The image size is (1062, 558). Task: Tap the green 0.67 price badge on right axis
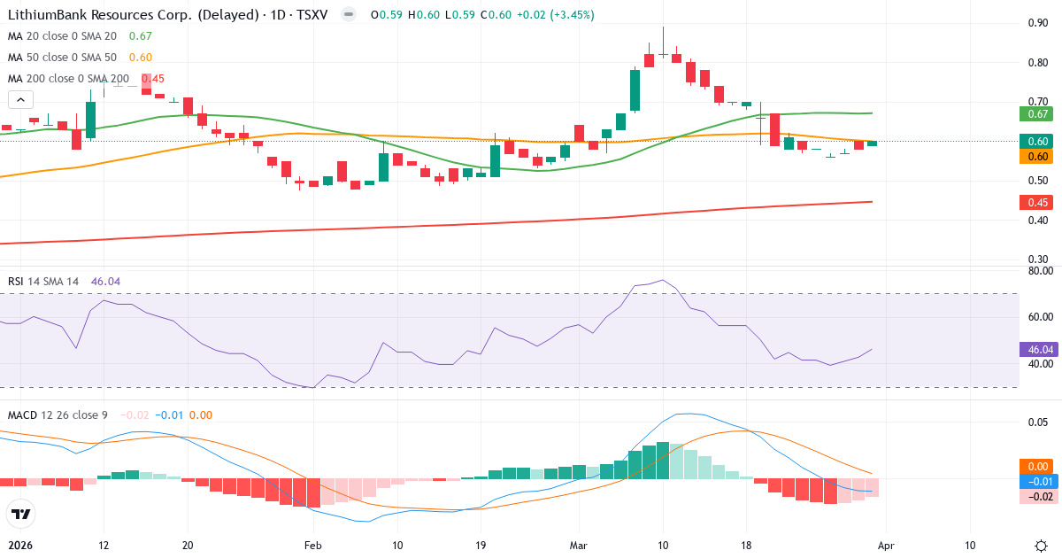(x=1037, y=113)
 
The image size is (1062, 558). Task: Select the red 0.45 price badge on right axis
(x=1037, y=202)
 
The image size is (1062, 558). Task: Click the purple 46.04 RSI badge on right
(x=1037, y=349)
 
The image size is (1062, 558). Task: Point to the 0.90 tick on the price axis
(x=1038, y=23)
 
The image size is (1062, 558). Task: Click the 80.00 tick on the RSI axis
(x=1040, y=270)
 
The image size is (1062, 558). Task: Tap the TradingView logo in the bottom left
(x=21, y=514)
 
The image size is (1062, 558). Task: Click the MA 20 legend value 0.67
(x=141, y=35)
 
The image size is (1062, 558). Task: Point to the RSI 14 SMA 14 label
(x=43, y=281)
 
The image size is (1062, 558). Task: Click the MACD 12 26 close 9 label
(x=59, y=415)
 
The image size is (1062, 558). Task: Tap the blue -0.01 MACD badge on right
(x=1037, y=481)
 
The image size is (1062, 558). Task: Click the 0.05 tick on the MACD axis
(x=1039, y=422)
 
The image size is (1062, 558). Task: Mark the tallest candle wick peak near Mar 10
(x=663, y=27)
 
